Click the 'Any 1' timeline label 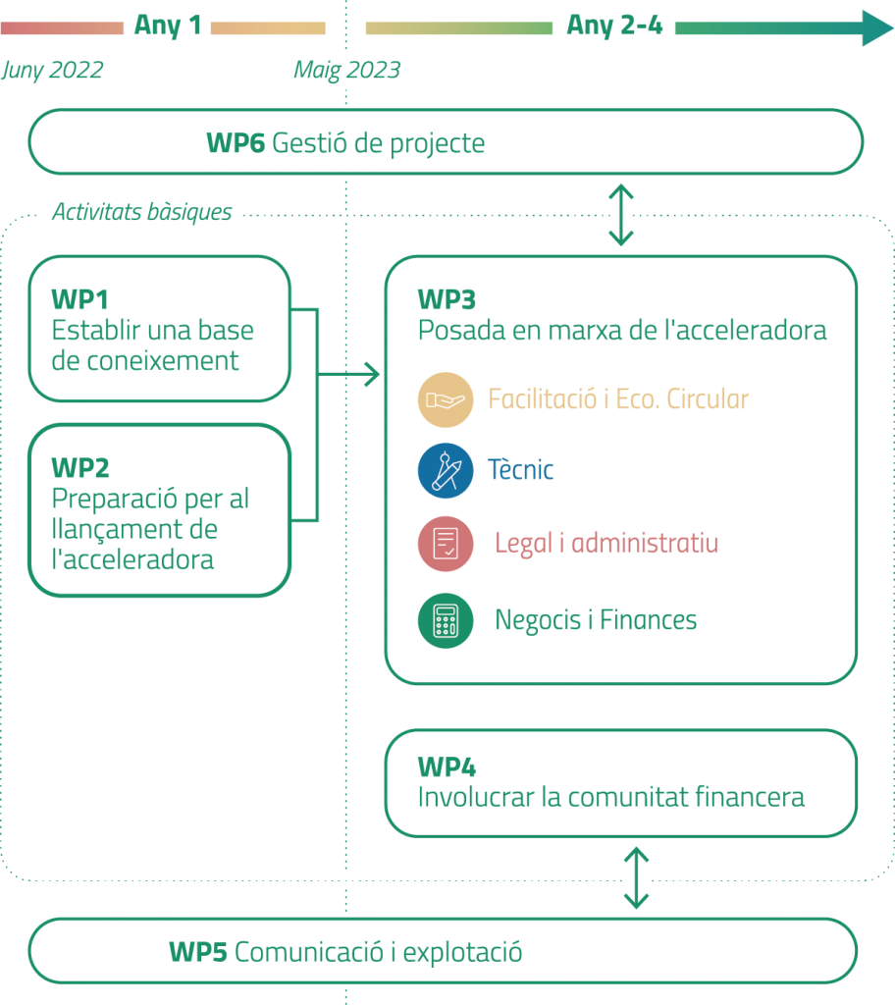(167, 26)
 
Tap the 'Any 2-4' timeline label (614, 26)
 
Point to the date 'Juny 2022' (52, 71)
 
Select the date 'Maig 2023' (346, 71)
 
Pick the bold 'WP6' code (236, 143)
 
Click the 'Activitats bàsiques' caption (142, 212)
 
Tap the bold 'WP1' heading (79, 299)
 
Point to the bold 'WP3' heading (447, 299)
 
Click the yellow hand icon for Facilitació (446, 399)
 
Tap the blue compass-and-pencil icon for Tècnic (446, 470)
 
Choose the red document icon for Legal (446, 544)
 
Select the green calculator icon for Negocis (446, 620)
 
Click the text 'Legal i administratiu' (606, 543)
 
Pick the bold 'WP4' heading (447, 767)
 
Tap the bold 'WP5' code (198, 952)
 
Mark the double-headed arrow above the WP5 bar (637, 877)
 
